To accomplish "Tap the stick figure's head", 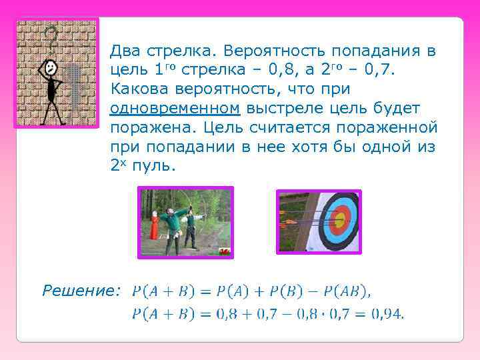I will coord(48,67).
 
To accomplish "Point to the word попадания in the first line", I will coord(378,50).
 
